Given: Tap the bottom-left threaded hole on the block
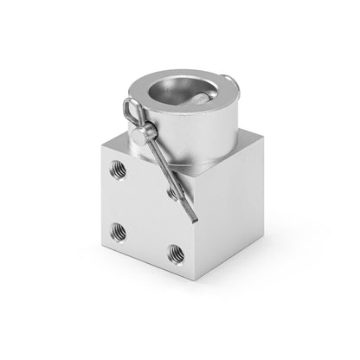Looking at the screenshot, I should point(119,231).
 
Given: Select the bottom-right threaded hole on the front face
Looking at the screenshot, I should point(173,254).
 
